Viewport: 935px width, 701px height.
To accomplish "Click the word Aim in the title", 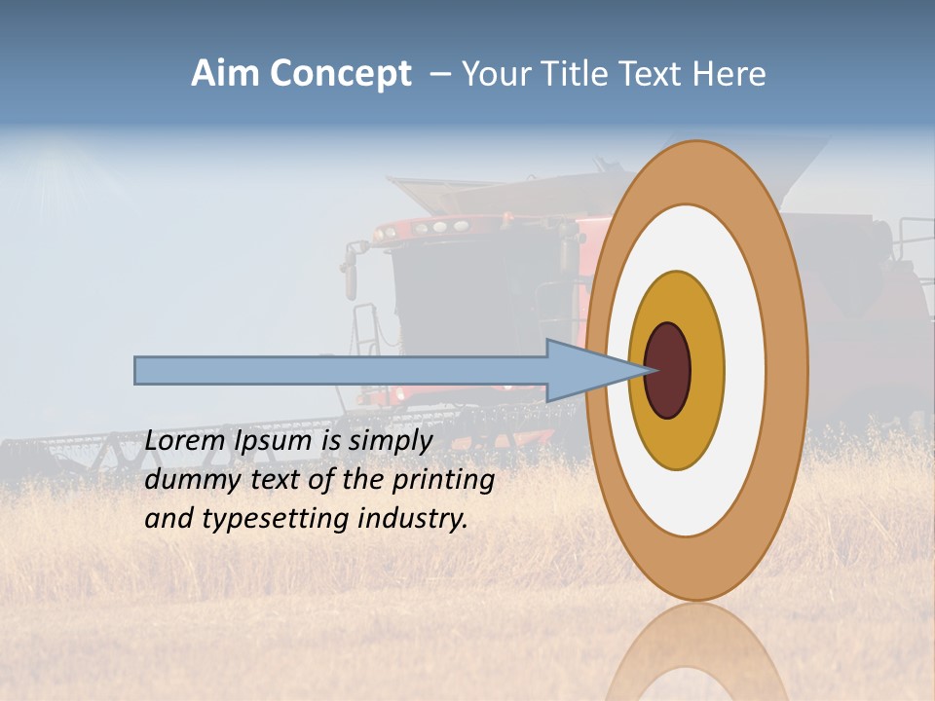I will pos(225,74).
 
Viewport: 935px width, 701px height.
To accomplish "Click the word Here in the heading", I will pos(730,74).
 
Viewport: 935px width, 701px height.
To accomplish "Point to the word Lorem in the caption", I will pos(184,440).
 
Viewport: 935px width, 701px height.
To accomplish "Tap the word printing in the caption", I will pos(443,480).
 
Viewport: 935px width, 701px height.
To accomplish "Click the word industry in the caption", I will pos(413,518).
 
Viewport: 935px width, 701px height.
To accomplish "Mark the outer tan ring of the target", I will pos(785,371).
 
